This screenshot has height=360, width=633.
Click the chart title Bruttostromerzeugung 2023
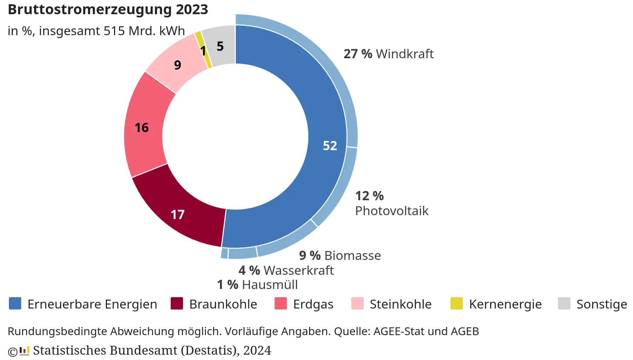tap(108, 10)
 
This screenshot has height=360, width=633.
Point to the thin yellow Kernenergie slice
tap(204, 50)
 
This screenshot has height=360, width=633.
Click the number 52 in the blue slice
tap(330, 146)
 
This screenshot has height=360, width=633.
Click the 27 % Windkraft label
tap(389, 54)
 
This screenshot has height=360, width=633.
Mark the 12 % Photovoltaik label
tap(391, 203)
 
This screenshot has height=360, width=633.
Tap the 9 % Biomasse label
tap(340, 256)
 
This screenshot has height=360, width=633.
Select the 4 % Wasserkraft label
tap(286, 271)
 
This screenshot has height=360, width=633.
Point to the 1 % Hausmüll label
tap(257, 285)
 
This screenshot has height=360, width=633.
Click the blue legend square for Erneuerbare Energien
tap(15, 304)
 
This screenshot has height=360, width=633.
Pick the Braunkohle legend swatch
tap(177, 304)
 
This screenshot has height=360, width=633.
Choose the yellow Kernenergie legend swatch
tap(456, 304)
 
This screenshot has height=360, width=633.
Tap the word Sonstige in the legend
tap(601, 304)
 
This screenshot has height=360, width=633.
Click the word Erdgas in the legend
tap(313, 304)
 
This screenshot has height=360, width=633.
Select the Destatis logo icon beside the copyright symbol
tap(24, 351)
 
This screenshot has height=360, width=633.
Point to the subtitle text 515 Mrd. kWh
tap(144, 31)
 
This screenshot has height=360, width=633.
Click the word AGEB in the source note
tap(465, 331)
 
